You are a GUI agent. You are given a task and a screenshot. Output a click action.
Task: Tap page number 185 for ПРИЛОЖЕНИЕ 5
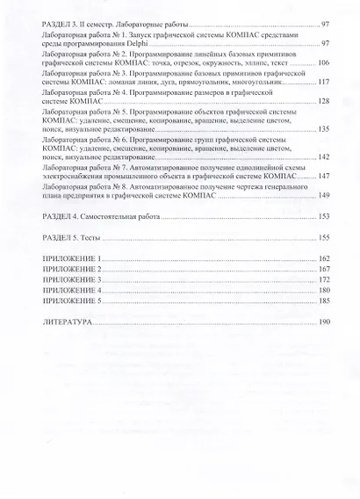323,301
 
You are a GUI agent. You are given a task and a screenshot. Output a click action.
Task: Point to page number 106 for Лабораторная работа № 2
323,63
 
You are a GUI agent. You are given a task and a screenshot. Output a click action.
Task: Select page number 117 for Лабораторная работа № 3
323,83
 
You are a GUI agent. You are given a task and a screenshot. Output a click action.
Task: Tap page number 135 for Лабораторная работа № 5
323,130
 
